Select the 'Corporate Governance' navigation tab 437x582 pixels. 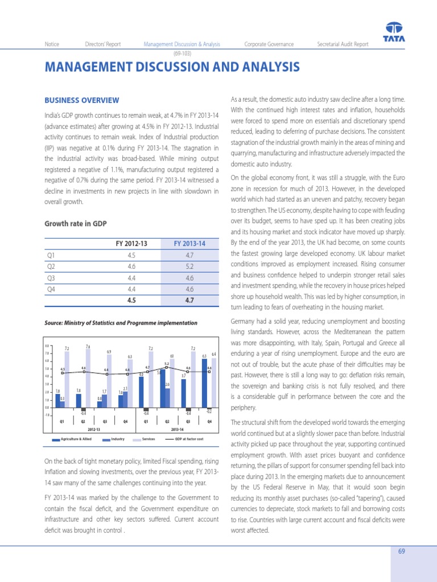(x=269, y=44)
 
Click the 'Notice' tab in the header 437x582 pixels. (x=52, y=44)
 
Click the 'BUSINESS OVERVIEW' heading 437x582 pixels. (x=81, y=101)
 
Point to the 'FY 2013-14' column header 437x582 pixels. (x=189, y=243)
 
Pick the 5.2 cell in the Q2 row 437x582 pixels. (x=189, y=265)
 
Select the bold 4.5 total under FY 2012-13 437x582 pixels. (x=131, y=300)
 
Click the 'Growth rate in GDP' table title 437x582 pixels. (x=76, y=223)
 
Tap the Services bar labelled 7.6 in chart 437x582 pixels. (x=88, y=378)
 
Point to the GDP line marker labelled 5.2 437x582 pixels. (x=167, y=368)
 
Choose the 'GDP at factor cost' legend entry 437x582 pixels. (x=188, y=439)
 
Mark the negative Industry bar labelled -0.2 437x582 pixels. (x=209, y=409)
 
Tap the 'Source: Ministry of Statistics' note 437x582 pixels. (x=121, y=323)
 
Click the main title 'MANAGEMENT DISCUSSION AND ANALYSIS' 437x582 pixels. (x=172, y=68)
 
